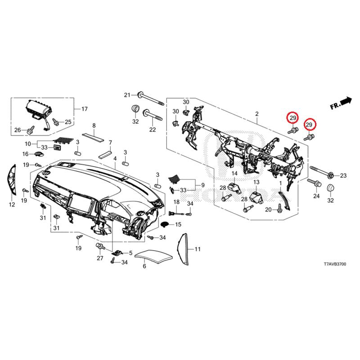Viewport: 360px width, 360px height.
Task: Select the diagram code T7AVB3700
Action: (335, 264)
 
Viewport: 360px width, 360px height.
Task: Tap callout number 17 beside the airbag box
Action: (85, 108)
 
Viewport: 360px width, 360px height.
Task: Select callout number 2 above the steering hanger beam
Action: (257, 114)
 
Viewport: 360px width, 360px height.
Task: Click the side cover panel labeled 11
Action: (184, 249)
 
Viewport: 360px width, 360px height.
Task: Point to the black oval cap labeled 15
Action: (164, 224)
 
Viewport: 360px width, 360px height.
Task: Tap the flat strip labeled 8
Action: (93, 137)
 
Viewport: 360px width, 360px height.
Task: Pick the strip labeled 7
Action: (105, 154)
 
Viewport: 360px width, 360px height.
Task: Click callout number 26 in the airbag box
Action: (18, 130)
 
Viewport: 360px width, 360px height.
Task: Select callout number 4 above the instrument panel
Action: (115, 158)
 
